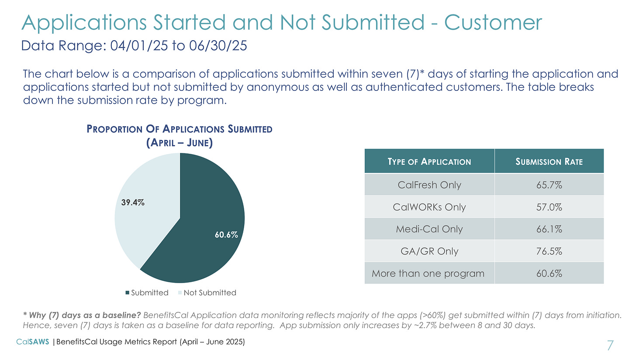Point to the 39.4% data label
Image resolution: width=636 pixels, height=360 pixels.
pyautogui.click(x=133, y=203)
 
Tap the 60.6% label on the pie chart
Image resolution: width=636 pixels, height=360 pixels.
pyautogui.click(x=226, y=235)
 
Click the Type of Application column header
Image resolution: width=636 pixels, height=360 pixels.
pyautogui.click(x=429, y=162)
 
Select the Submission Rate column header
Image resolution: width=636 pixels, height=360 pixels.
pyautogui.click(x=549, y=162)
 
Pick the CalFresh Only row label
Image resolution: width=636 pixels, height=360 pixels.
pyautogui.click(x=429, y=185)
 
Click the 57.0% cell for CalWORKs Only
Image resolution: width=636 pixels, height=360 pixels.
pyautogui.click(x=549, y=207)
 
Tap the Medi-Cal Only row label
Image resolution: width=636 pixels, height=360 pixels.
pyautogui.click(x=429, y=229)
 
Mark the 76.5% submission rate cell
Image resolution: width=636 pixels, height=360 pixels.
pyautogui.click(x=549, y=251)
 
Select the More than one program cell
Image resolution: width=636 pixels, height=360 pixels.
pyautogui.click(x=428, y=274)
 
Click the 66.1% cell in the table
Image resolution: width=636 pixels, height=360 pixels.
pyautogui.click(x=549, y=229)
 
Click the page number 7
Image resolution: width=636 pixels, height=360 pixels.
pyautogui.click(x=610, y=346)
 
